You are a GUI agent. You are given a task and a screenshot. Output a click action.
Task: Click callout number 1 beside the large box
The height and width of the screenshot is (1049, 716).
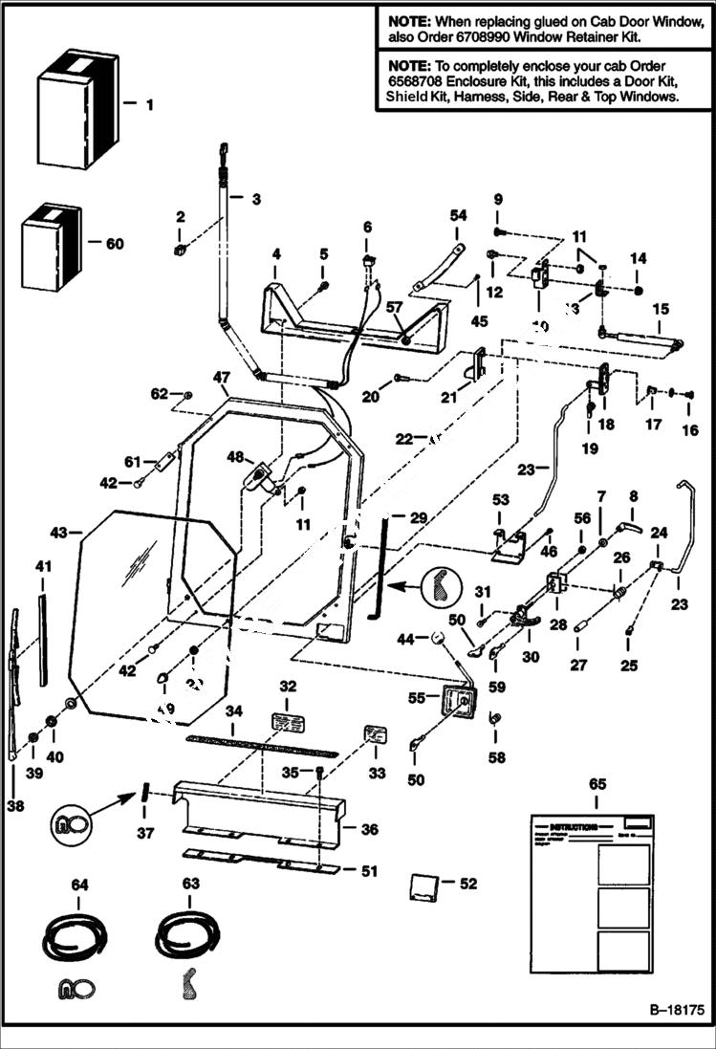coord(148,103)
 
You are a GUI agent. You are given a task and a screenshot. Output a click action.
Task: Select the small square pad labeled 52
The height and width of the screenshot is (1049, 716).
coord(424,886)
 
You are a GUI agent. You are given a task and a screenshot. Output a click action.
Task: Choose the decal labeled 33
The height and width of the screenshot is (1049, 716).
coord(375,734)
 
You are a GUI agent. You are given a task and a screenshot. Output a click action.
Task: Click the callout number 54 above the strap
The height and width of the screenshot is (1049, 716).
coord(457,216)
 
